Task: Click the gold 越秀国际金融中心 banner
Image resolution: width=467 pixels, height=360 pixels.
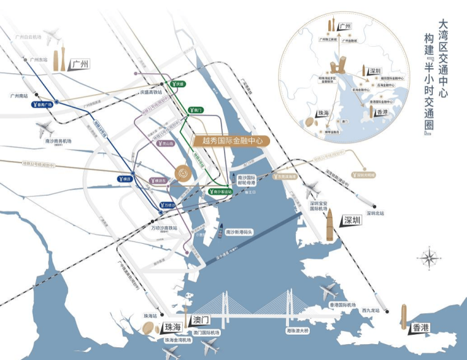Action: pos(230,141)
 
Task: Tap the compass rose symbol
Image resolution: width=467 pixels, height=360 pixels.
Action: pos(430,257)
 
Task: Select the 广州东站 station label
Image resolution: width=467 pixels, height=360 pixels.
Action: pos(37,59)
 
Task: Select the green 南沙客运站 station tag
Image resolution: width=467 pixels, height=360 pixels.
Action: pos(220,191)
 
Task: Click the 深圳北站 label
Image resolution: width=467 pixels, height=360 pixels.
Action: pos(373,213)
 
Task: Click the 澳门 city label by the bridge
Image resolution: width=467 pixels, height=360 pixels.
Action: pos(202,321)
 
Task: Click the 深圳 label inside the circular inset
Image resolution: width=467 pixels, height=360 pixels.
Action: pos(376,71)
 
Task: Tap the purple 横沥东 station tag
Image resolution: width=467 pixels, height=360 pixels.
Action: pos(160,181)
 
